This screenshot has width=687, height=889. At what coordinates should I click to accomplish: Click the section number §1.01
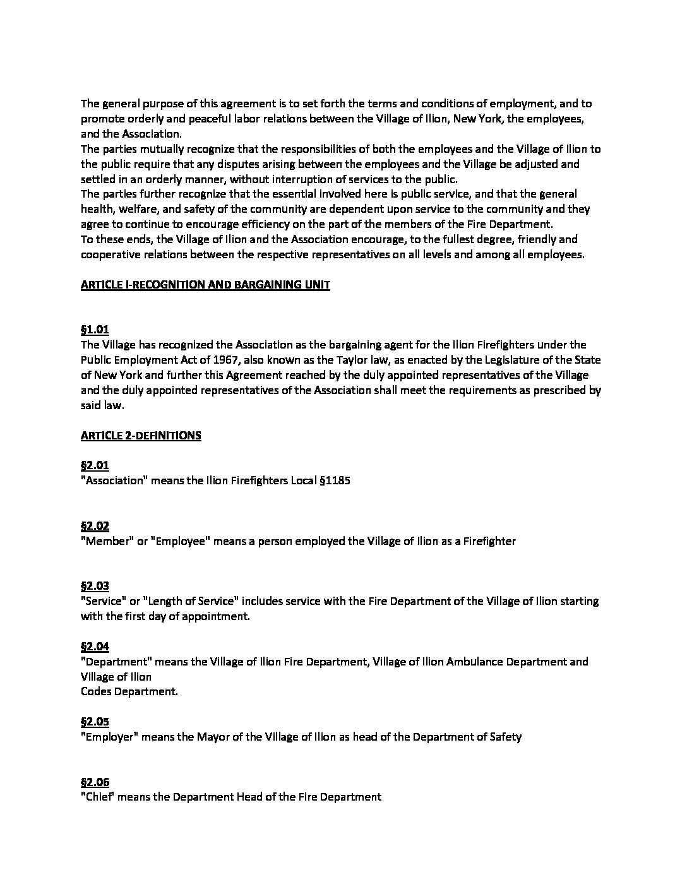[95, 330]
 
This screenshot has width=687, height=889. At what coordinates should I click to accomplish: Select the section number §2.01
[95, 465]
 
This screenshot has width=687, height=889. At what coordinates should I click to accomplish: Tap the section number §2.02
[95, 526]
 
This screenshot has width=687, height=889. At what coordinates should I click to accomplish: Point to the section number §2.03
[95, 586]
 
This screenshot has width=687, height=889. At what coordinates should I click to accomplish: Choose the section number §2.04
[95, 647]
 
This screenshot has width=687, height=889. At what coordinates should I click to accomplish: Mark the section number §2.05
[95, 722]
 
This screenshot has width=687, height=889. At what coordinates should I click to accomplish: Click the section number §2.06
[95, 782]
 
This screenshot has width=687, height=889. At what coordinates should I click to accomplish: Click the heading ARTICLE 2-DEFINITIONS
[141, 436]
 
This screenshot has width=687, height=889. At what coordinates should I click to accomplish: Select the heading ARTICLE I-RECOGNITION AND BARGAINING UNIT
[205, 285]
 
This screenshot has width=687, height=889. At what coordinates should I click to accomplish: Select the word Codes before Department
[95, 691]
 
